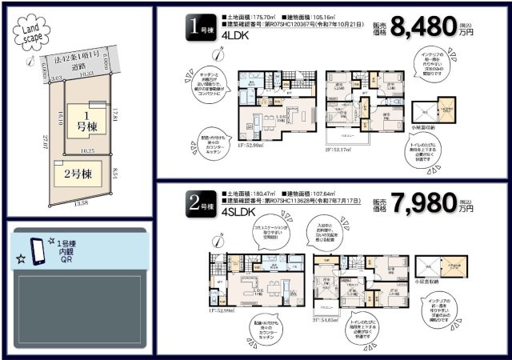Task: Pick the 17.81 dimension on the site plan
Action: pyautogui.click(x=117, y=114)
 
